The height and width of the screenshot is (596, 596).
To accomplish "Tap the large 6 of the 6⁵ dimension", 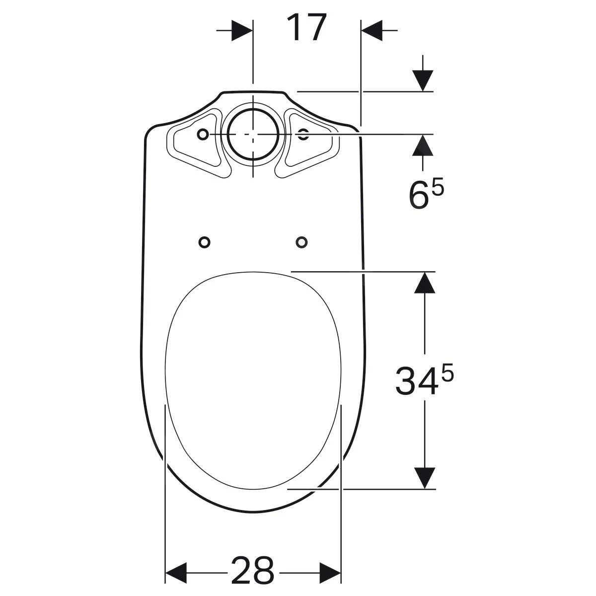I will (418, 195).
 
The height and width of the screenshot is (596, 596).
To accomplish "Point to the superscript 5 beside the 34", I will (447, 373).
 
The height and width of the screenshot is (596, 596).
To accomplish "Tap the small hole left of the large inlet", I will (202, 135).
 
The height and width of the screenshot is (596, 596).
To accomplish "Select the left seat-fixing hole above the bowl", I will (204, 242).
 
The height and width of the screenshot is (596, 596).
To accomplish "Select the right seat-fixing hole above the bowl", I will (301, 242).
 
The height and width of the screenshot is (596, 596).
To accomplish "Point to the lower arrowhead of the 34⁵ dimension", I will (424, 478).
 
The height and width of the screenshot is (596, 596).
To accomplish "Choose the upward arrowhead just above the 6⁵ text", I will (423, 145).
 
